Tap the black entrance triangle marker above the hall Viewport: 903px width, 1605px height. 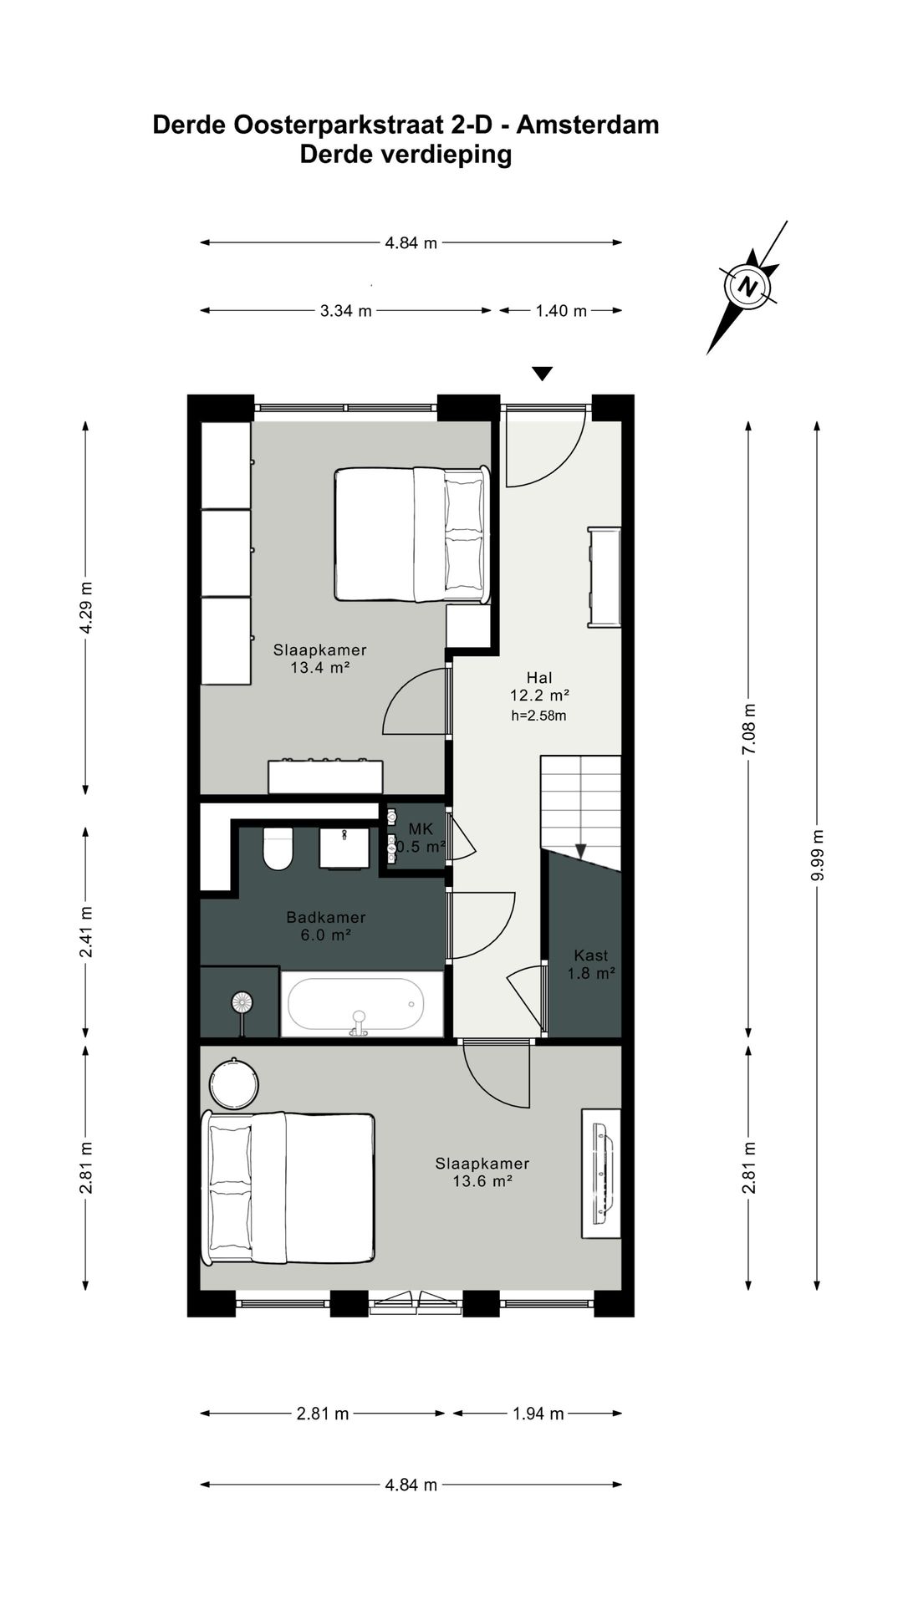[543, 374]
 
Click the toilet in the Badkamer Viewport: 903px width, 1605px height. [278, 848]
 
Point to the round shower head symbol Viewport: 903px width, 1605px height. [242, 1001]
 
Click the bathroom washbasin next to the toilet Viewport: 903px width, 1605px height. [344, 848]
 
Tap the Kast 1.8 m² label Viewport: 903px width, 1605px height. [590, 964]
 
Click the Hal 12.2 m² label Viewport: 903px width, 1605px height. [539, 685]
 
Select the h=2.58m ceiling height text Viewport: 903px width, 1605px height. [538, 716]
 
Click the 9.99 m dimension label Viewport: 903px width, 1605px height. [818, 854]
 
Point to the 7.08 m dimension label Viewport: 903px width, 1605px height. [749, 729]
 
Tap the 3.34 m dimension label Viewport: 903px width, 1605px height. [345, 311]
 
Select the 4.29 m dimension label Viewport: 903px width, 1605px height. [85, 607]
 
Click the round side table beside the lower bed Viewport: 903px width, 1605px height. [233, 1084]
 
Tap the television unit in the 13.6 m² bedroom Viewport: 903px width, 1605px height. [602, 1174]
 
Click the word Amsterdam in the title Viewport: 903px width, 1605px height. [587, 125]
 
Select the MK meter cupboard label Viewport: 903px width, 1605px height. [421, 829]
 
